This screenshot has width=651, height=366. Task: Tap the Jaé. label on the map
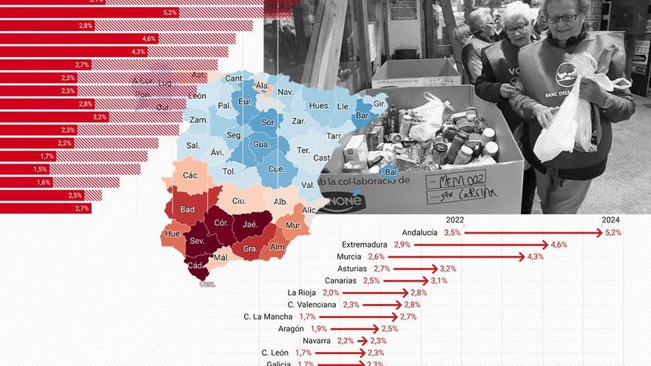(x=250, y=224)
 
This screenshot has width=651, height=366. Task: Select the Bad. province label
(x=188, y=209)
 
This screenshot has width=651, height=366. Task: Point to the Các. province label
(x=191, y=175)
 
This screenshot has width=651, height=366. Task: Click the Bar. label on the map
(x=363, y=116)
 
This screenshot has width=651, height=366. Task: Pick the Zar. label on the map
(x=299, y=121)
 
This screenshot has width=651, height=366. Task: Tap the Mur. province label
(x=293, y=225)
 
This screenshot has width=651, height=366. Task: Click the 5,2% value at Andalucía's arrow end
(x=613, y=232)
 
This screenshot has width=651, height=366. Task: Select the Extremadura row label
(x=365, y=245)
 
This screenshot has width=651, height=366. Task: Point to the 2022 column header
(x=454, y=220)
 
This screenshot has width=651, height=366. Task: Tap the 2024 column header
(x=610, y=220)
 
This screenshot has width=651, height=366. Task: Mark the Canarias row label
(x=340, y=281)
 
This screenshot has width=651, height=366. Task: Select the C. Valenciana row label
(x=312, y=305)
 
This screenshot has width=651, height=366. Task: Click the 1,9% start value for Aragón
(x=318, y=328)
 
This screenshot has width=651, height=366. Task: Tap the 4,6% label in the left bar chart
(x=149, y=38)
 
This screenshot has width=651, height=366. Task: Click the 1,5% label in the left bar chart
(x=40, y=169)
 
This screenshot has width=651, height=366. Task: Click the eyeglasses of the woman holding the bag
(x=564, y=18)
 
